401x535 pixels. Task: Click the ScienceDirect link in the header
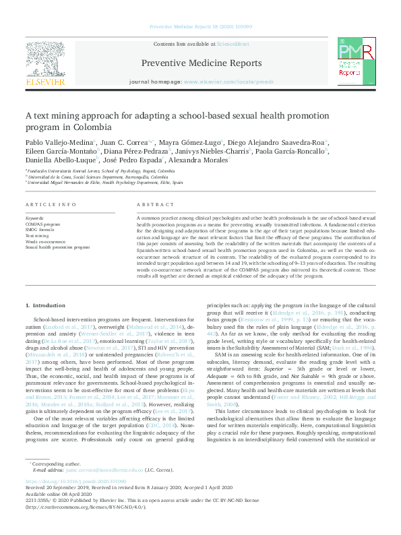click(x=233, y=44)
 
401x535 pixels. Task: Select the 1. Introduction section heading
click(x=46, y=306)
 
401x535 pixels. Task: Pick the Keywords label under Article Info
click(x=34, y=219)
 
